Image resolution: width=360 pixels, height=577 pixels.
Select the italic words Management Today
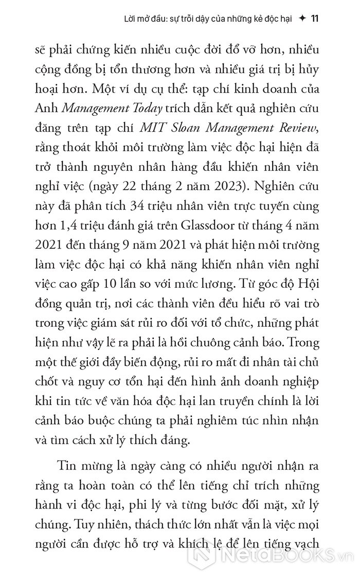pos(112,107)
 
